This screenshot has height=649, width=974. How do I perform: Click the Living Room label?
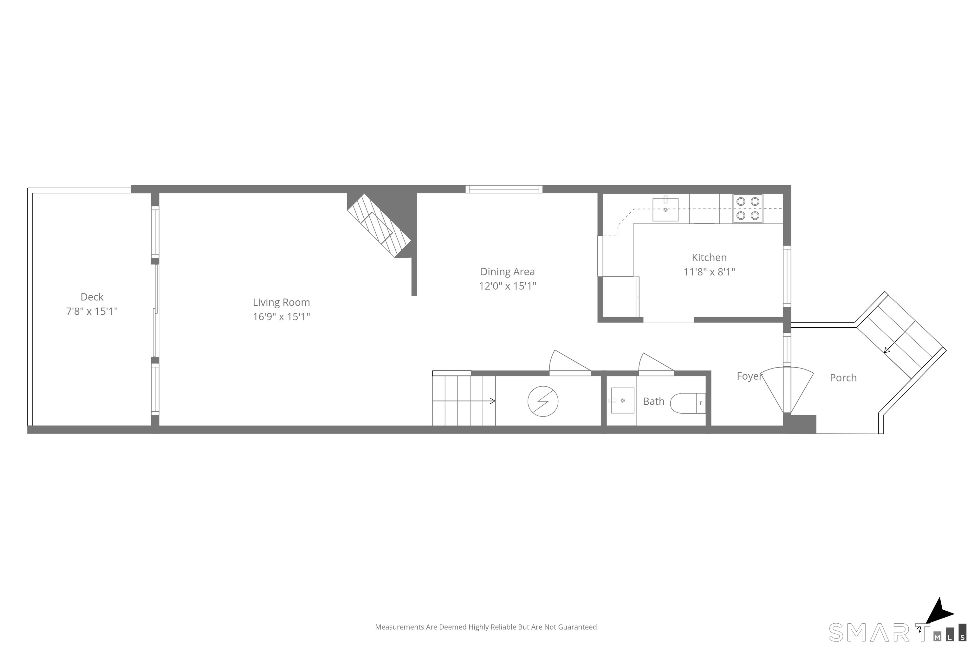click(281, 303)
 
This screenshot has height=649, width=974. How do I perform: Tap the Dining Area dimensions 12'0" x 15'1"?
click(507, 286)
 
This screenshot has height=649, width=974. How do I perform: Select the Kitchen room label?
click(709, 257)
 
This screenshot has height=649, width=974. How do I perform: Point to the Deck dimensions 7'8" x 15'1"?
click(92, 311)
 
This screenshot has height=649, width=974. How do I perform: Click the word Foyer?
click(749, 376)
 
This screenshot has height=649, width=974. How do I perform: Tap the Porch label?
click(843, 378)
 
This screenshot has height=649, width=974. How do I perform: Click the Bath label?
click(653, 402)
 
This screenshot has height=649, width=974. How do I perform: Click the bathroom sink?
click(622, 400)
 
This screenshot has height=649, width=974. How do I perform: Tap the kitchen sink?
click(666, 209)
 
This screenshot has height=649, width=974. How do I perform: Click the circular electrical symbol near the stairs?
click(542, 401)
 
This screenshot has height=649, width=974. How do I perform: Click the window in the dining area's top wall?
click(504, 189)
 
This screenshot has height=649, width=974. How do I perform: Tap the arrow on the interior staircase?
click(464, 401)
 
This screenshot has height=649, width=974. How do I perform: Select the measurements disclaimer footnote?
click(487, 627)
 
